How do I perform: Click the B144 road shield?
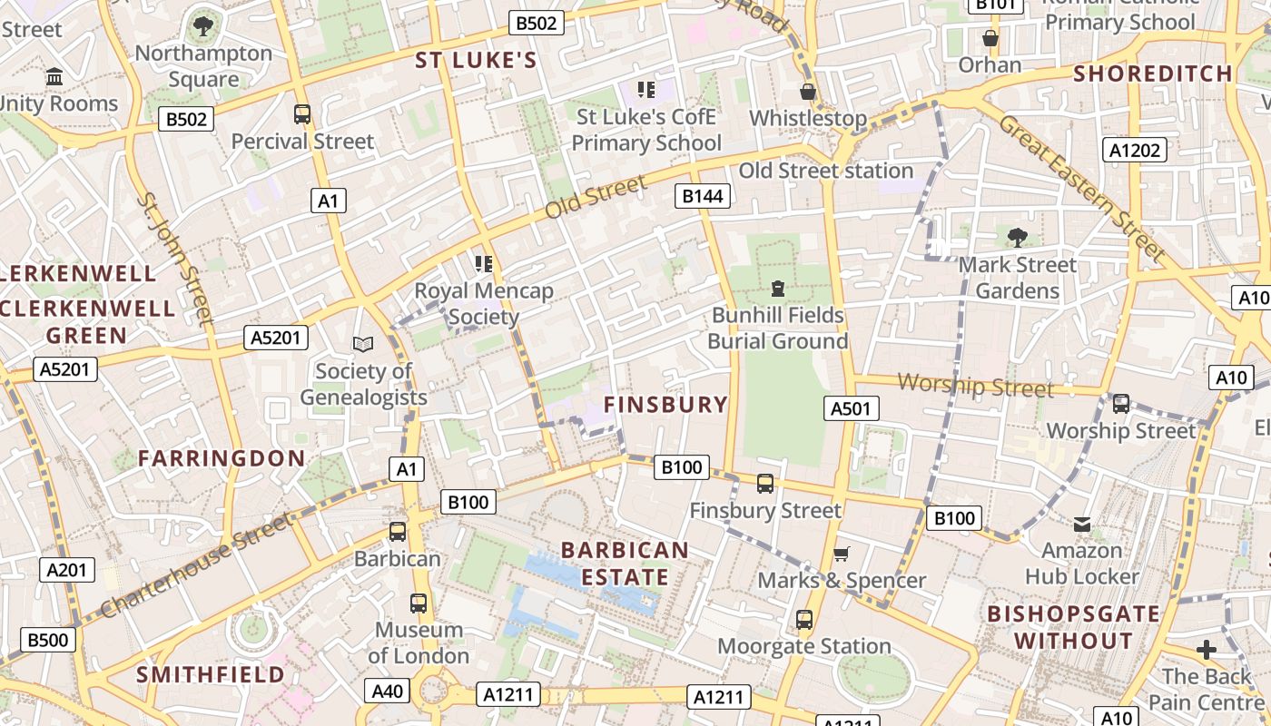(704, 196)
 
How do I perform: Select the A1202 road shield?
(1135, 150)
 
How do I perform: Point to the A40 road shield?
(388, 691)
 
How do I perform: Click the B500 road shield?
(47, 640)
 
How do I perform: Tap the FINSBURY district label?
(666, 405)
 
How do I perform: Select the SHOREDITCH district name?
(1153, 74)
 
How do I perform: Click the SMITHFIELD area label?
(211, 674)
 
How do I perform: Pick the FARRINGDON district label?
(222, 458)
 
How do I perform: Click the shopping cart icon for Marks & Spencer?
(842, 554)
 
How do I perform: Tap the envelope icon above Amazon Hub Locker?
(1082, 525)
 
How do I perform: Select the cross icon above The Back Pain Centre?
(1206, 650)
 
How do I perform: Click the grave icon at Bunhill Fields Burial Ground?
(777, 289)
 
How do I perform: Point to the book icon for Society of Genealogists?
(363, 344)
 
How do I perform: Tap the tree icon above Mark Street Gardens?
(1017, 238)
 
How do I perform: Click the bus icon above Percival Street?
(302, 114)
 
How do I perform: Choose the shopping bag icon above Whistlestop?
(807, 92)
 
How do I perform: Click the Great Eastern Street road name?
(1081, 187)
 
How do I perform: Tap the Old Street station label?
(825, 171)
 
